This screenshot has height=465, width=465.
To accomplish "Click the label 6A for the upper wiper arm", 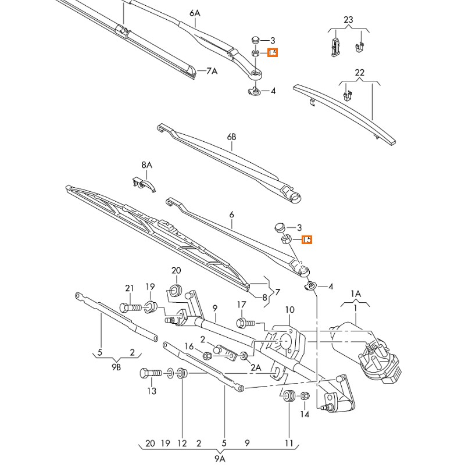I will (x=194, y=13).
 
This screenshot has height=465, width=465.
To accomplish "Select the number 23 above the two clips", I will (x=348, y=20).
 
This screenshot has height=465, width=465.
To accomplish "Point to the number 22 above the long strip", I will (x=360, y=72).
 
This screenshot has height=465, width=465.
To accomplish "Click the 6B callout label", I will (x=232, y=137).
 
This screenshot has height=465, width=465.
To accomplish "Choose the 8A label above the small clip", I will (x=146, y=165).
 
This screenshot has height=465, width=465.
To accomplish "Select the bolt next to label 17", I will (x=244, y=321).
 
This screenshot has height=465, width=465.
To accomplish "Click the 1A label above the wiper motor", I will (x=356, y=294).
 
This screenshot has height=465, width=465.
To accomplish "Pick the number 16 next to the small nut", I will (x=189, y=346).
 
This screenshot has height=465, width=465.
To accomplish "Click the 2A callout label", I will (x=255, y=367).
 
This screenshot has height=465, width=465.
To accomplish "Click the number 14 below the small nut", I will (x=305, y=414).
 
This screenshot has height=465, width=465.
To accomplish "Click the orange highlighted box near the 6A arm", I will (x=273, y=52).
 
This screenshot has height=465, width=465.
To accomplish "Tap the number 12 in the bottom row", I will (x=182, y=443).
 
